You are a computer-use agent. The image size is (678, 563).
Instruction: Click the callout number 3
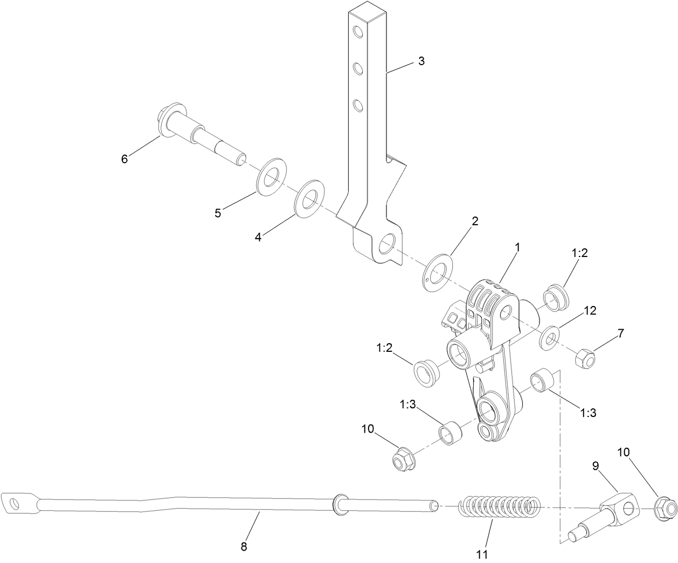pos(421,61)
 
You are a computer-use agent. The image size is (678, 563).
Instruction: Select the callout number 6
pos(124,159)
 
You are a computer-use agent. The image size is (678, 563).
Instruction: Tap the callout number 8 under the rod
pos(244,546)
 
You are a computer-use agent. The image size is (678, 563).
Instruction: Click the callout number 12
pos(591,310)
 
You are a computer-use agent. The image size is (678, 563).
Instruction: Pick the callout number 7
pos(621,333)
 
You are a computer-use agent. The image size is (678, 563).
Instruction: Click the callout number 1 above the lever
pos(517,248)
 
